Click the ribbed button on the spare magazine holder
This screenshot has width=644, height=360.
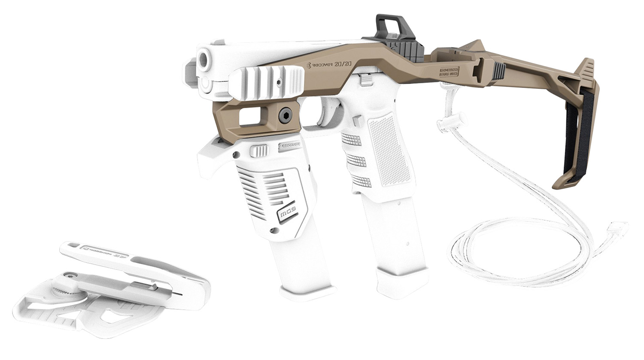tap(258, 151)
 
